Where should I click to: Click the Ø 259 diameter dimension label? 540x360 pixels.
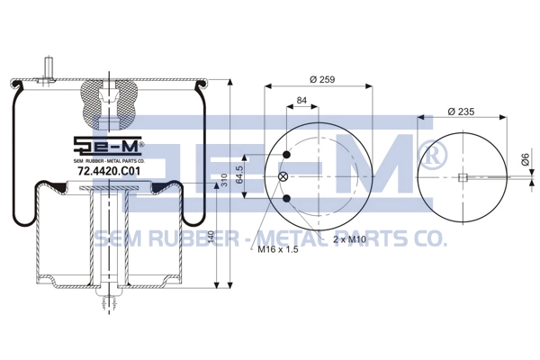(x=322, y=79)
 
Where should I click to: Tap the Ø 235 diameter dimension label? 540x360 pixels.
(x=461, y=112)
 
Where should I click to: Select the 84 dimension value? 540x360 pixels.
(x=301, y=100)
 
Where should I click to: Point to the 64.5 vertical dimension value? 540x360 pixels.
(x=239, y=175)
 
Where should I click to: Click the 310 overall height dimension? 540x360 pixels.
(x=224, y=180)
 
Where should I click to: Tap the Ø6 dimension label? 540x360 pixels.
(x=525, y=159)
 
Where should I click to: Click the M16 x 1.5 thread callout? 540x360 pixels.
(x=278, y=249)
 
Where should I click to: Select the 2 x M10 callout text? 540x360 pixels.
(x=349, y=239)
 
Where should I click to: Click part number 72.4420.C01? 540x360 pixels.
(x=110, y=171)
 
